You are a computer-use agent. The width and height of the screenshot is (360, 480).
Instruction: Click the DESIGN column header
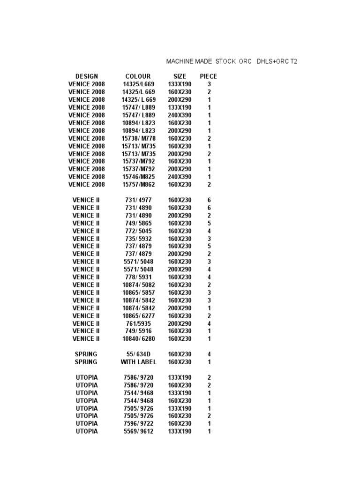coord(87,76)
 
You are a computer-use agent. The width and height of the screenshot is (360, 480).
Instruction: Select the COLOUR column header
coord(138,76)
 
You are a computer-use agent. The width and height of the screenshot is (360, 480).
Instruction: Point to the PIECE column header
coord(209,76)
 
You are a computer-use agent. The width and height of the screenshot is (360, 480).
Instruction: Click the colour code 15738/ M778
coord(138,138)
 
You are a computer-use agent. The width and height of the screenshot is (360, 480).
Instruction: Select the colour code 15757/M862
coord(138,185)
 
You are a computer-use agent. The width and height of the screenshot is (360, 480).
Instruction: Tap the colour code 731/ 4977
coord(138,200)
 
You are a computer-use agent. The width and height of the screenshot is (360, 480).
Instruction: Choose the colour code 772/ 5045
coord(138,231)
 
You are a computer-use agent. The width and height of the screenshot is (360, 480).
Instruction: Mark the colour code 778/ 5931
coord(138,277)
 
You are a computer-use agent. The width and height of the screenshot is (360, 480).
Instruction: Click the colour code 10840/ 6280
coord(138,339)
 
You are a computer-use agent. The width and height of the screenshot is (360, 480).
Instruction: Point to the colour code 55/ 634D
coord(138,354)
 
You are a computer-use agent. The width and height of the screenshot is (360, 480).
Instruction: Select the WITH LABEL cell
coord(138,362)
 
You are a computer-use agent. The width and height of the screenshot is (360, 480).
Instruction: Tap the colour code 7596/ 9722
coord(138,424)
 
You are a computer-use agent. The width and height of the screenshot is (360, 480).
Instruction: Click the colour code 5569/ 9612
coord(138,431)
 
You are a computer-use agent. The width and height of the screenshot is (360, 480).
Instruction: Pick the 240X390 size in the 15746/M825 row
coord(180,177)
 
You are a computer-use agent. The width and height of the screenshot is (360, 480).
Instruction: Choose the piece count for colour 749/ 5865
coord(209,223)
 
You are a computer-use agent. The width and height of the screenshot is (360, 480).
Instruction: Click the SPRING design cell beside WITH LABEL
coord(86,362)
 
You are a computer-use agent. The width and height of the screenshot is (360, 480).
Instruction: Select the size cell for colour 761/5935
coord(180,323)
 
